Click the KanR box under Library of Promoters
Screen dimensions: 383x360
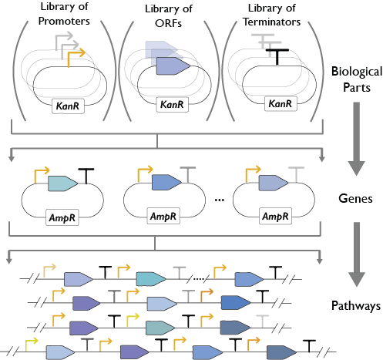point(68,106)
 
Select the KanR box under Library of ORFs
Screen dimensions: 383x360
point(173,104)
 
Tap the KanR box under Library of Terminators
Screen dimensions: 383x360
point(281,103)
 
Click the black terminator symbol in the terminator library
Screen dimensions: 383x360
point(277,57)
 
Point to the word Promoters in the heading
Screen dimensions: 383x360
point(64,21)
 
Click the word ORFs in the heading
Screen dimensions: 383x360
point(168,23)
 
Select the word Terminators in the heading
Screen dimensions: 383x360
point(272,22)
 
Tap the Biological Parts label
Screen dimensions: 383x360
point(357,79)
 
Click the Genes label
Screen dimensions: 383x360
point(355,198)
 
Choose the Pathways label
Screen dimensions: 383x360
point(356,306)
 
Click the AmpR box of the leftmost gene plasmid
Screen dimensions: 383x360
point(62,217)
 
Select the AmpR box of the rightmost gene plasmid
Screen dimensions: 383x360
point(275,217)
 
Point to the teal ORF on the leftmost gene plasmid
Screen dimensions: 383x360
point(62,183)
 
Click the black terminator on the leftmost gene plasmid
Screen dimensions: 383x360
point(86,176)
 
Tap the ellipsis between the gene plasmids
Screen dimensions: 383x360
point(220,200)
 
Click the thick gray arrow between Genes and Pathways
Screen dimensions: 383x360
point(357,254)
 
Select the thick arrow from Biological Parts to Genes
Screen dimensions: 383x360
point(357,139)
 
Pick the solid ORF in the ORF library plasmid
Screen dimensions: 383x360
point(173,66)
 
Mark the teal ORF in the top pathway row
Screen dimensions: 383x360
point(151,279)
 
